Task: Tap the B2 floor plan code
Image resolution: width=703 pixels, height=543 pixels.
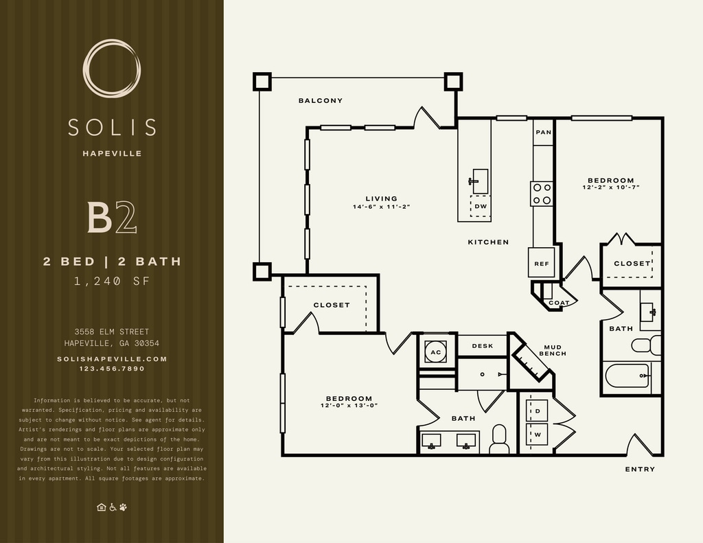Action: coord(112,218)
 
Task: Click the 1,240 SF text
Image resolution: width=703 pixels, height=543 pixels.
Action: coord(112,281)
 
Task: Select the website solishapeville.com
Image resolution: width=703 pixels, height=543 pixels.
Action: coord(112,359)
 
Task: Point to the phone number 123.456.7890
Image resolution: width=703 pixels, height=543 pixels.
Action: coord(112,369)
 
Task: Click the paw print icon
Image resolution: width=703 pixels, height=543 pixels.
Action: coord(124,507)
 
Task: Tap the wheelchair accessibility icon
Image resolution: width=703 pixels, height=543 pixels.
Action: coord(112,507)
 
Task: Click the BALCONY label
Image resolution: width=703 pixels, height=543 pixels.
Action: coord(321,100)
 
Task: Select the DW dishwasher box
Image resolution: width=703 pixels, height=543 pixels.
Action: coord(480,206)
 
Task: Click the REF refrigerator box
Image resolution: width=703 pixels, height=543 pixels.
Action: coord(542,262)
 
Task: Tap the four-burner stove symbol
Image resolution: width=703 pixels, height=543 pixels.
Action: coord(542,194)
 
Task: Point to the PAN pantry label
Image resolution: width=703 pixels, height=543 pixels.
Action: coord(544,132)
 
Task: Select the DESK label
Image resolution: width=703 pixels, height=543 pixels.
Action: coord(483,346)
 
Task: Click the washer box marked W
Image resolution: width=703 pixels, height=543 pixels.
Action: coord(537,434)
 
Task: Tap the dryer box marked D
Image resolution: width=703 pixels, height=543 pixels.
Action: coord(537,411)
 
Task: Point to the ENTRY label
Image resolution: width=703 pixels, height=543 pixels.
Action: coord(640,469)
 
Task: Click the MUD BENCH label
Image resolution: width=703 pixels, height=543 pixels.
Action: coord(553,350)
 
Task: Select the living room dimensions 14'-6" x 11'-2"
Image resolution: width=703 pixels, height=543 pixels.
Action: coord(382,207)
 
